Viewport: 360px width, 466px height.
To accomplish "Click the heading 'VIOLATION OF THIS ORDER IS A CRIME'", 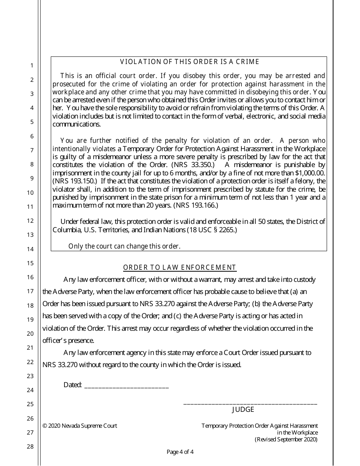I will click(x=189, y=62).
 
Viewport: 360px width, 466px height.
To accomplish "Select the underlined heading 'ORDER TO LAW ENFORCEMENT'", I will click(x=180, y=268).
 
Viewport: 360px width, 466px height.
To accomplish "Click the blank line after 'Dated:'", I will click(x=127, y=386).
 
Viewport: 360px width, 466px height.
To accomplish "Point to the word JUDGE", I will click(x=243, y=410).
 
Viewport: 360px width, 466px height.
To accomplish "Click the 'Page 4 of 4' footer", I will click(x=180, y=452).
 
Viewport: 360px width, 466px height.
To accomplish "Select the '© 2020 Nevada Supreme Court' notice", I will click(x=80, y=426).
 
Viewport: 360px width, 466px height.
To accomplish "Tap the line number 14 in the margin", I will click(x=30, y=249).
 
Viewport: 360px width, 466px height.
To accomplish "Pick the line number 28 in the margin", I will click(x=30, y=446).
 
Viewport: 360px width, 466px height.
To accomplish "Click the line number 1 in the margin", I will click(x=32, y=66).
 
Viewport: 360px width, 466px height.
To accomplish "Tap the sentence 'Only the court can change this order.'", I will click(x=124, y=246).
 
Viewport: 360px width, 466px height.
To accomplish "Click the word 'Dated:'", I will click(x=73, y=385).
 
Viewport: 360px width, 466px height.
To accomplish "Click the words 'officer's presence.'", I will click(x=68, y=341).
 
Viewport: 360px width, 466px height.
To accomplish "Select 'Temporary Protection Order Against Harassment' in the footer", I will click(x=260, y=426).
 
